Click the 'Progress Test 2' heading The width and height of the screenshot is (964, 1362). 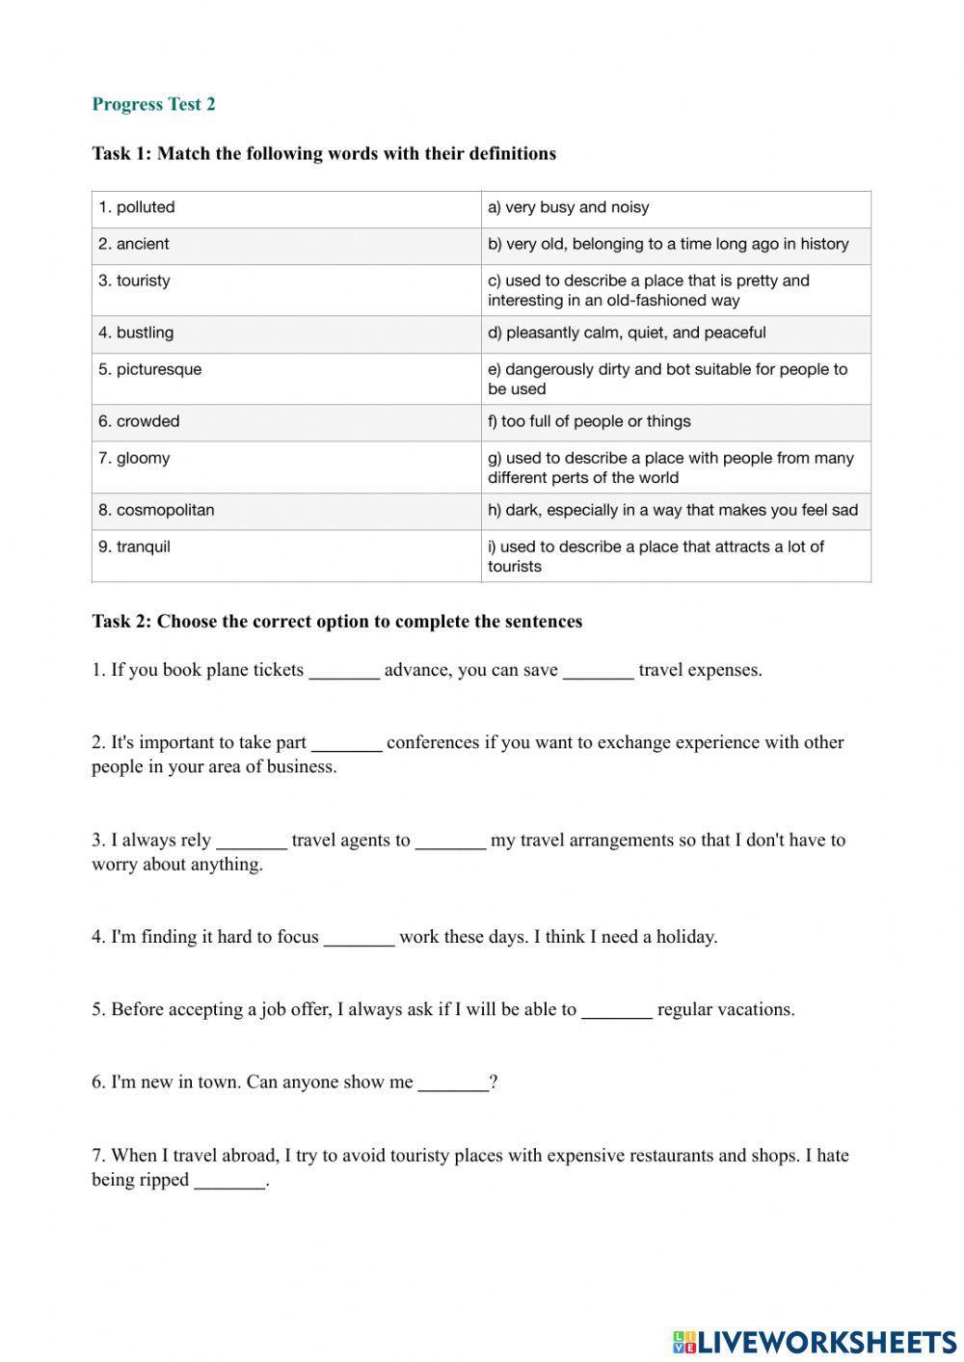[x=153, y=104]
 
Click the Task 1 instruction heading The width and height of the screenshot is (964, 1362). [x=324, y=153]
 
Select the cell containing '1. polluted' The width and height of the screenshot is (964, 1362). [x=286, y=208]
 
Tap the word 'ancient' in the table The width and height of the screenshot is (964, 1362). [x=143, y=245]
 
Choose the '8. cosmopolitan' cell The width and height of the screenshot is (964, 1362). [x=286, y=511]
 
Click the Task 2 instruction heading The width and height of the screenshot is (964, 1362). [x=336, y=622]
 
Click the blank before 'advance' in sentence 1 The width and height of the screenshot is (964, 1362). [x=344, y=671]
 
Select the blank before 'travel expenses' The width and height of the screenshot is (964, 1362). [x=598, y=671]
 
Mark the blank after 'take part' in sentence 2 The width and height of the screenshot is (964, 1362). [x=347, y=743]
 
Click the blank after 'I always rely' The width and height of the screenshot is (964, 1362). [x=252, y=841]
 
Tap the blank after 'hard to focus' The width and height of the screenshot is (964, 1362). [x=359, y=937]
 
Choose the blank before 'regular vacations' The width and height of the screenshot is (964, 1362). [x=617, y=1010]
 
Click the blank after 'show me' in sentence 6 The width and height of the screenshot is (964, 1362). [x=453, y=1082]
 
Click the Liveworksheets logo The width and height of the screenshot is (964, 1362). [x=814, y=1341]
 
